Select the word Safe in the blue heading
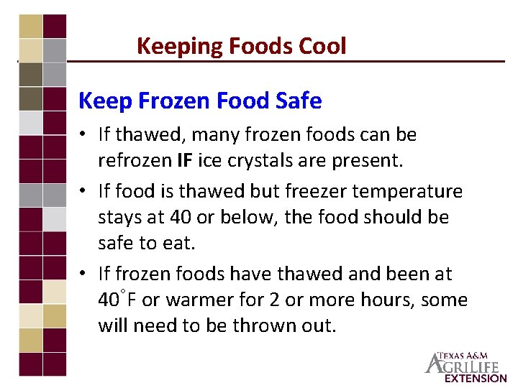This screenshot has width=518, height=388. coord(299,101)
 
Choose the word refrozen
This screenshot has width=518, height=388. coord(134,160)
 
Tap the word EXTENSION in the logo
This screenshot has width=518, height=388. coord(476,378)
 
